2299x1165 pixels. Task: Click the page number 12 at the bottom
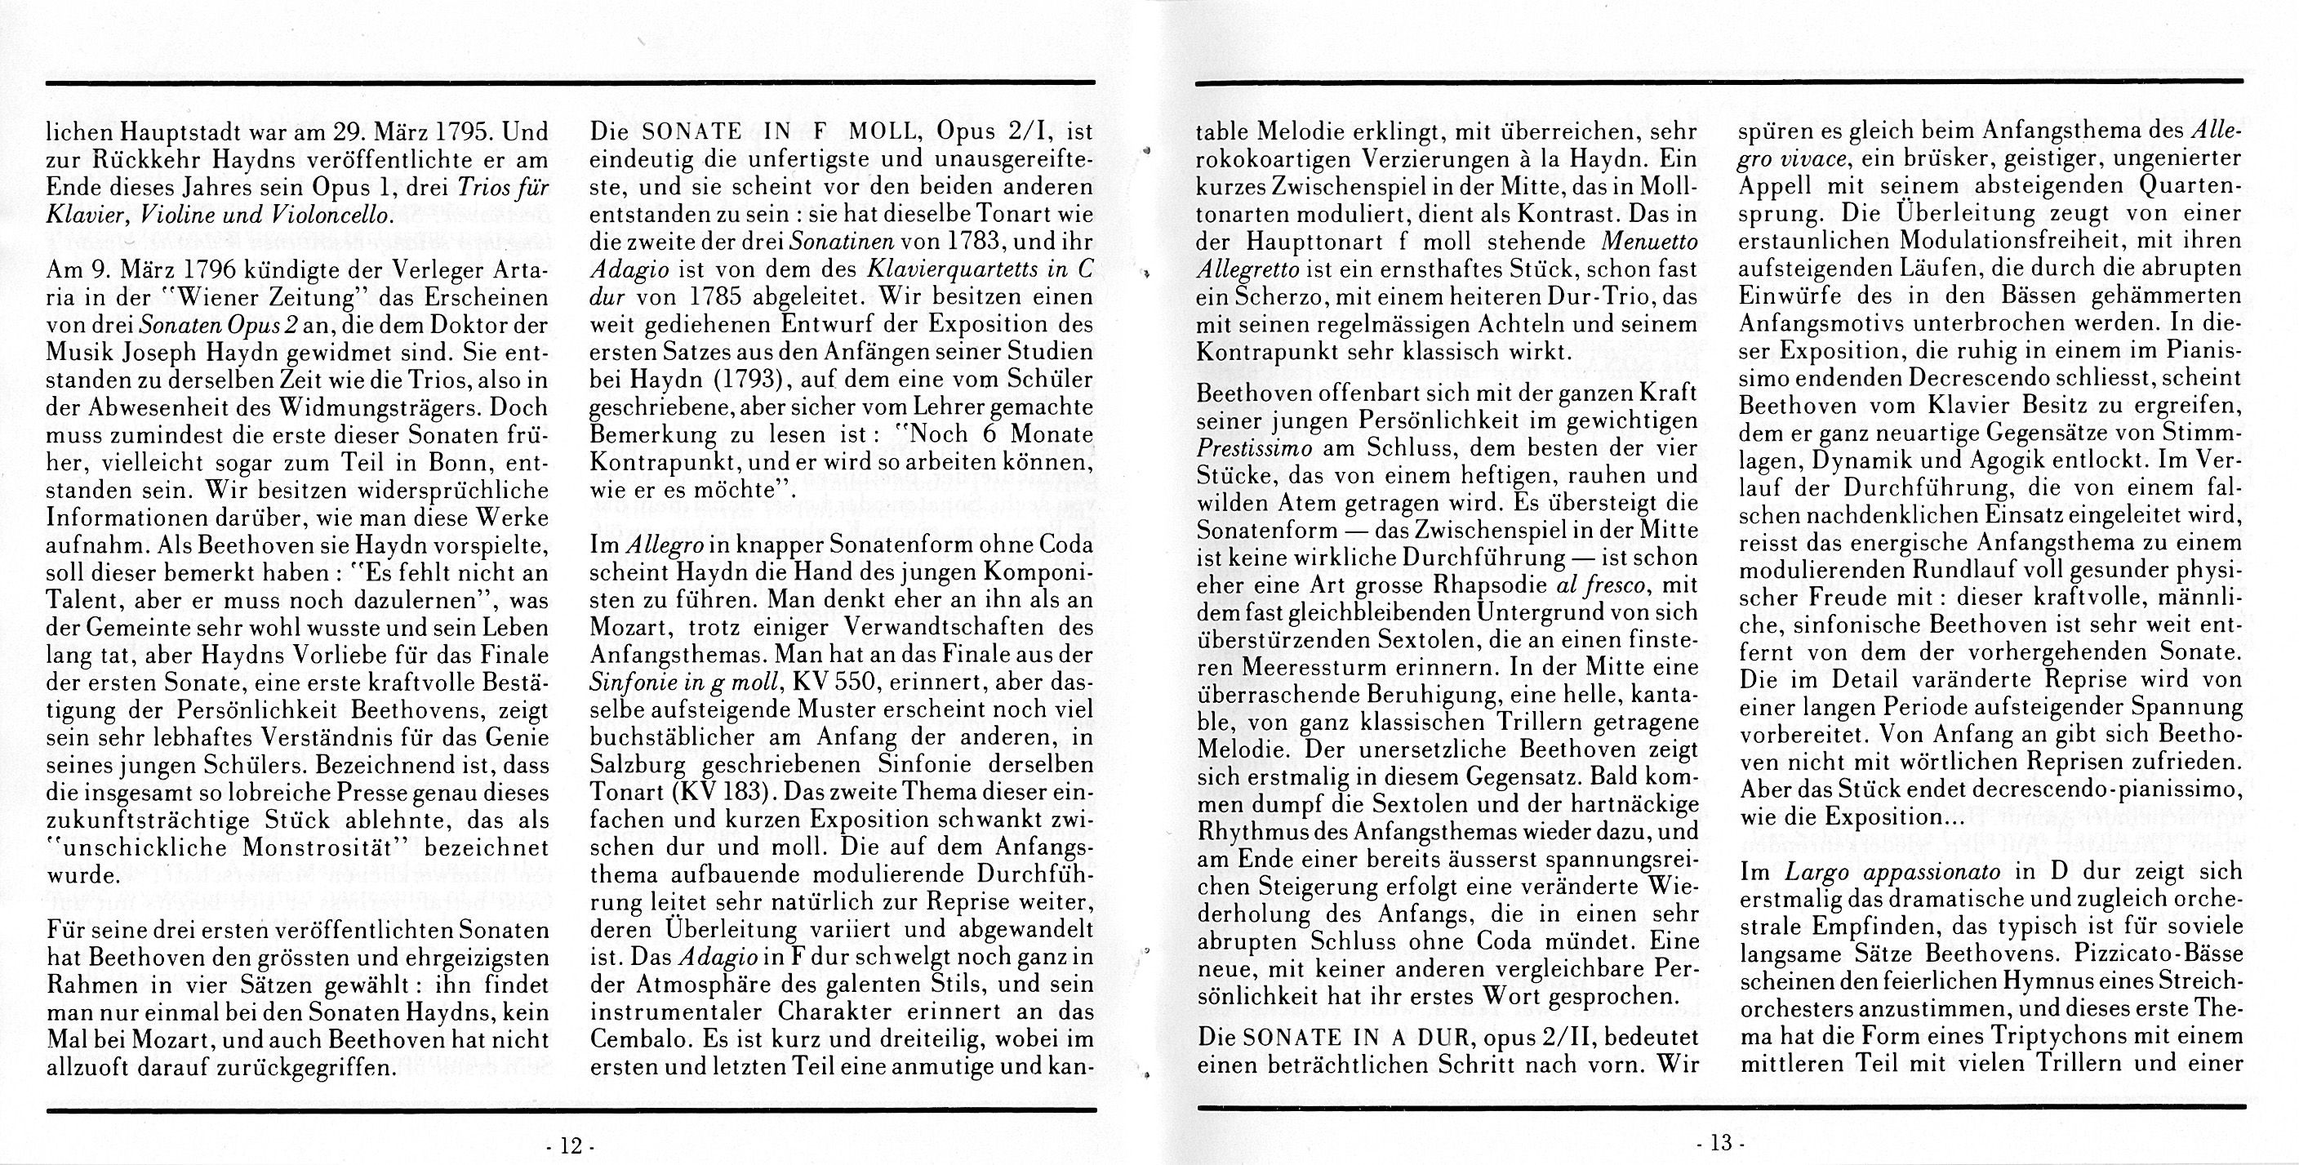[571, 1145]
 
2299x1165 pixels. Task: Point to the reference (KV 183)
[718, 792]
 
